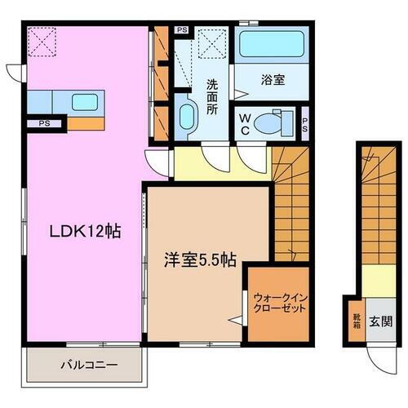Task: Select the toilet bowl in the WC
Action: pos(268,123)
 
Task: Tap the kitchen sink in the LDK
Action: pos(84,103)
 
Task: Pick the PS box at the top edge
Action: pos(182,30)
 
